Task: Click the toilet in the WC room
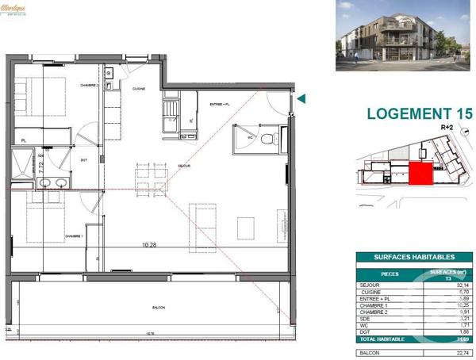click(x=267, y=139)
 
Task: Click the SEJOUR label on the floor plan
click(x=184, y=165)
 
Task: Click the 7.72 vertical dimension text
click(x=41, y=168)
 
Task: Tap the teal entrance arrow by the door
click(x=301, y=99)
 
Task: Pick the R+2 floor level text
click(x=447, y=127)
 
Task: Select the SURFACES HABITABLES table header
click(x=414, y=257)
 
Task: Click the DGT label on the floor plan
click(x=83, y=159)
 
